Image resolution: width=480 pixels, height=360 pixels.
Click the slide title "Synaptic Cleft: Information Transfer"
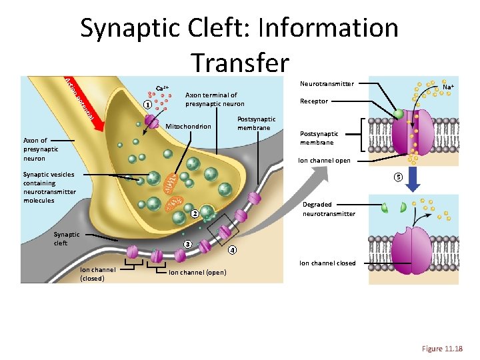pyautogui.click(x=239, y=44)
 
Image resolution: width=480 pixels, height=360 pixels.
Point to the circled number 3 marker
pyautogui.click(x=188, y=244)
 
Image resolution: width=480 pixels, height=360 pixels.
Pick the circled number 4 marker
pyautogui.click(x=231, y=251)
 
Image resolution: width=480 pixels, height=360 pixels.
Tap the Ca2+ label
pyautogui.click(x=162, y=88)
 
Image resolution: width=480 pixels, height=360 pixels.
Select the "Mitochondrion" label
pyautogui.click(x=188, y=127)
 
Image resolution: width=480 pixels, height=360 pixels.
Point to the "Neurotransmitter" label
pyautogui.click(x=327, y=84)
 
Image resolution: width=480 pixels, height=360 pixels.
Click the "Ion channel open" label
pyautogui.click(x=324, y=161)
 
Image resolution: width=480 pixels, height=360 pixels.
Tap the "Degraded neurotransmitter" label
pyautogui.click(x=329, y=209)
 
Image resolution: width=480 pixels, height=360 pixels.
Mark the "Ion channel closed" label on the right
pyautogui.click(x=327, y=263)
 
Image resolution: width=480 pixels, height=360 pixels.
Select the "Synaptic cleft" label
pyautogui.click(x=67, y=238)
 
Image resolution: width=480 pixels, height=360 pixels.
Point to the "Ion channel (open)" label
pyautogui.click(x=197, y=272)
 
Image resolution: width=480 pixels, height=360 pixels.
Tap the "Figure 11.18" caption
pyautogui.click(x=442, y=349)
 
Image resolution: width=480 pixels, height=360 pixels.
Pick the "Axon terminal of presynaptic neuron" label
pyautogui.click(x=215, y=99)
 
